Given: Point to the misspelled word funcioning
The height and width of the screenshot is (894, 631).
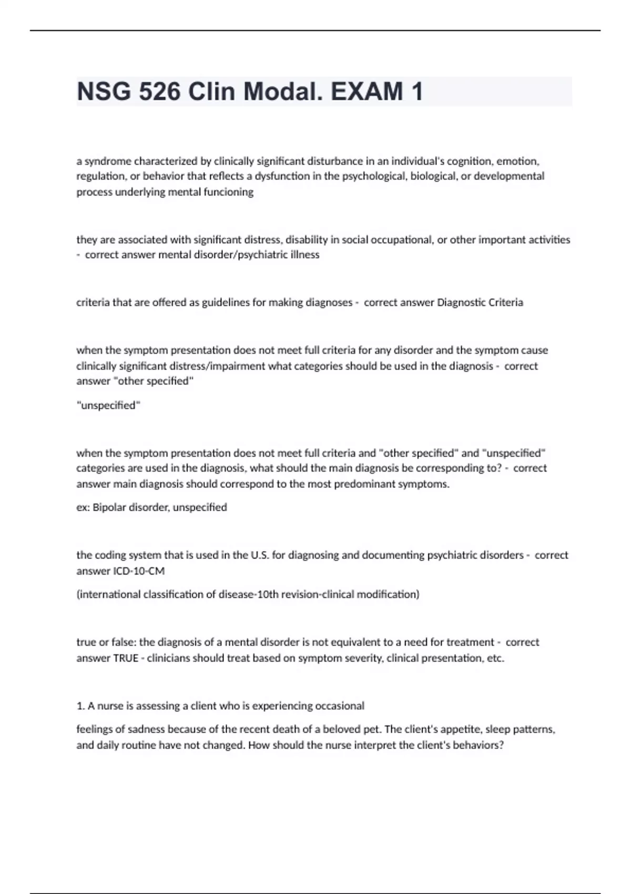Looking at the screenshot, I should [228, 192].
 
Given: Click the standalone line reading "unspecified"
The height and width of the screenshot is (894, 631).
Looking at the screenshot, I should [108, 405].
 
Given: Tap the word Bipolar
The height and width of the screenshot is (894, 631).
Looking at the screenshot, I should [109, 507].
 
